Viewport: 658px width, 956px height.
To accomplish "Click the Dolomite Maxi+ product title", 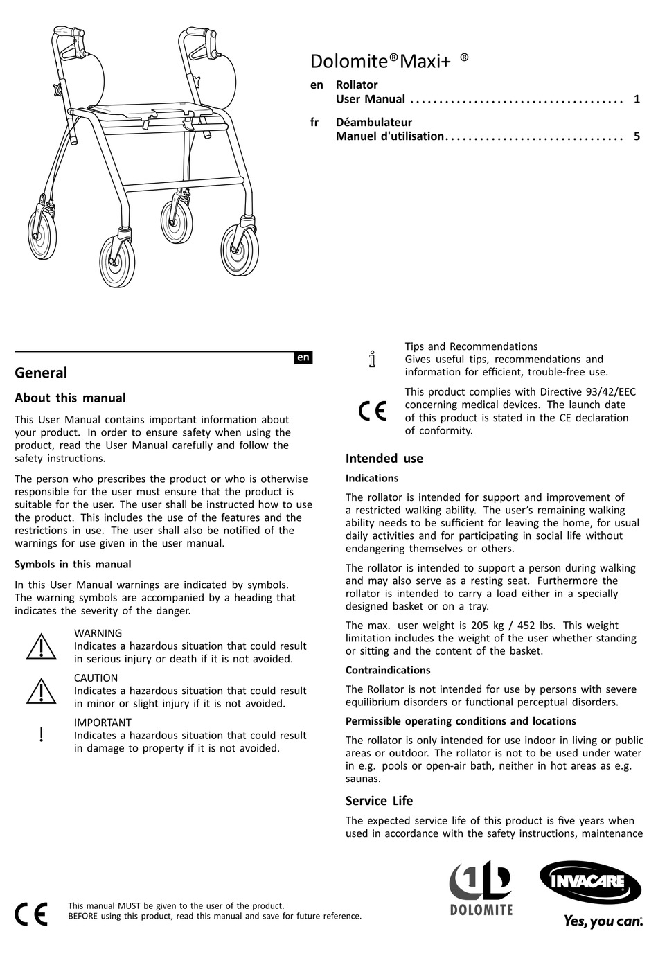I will (x=389, y=61).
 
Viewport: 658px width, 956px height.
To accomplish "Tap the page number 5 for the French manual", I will (x=637, y=136).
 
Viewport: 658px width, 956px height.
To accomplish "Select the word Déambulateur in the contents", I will (x=373, y=123).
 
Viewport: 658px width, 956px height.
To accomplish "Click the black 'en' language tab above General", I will (x=303, y=357).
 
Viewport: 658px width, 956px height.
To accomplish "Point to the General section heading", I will (x=41, y=373).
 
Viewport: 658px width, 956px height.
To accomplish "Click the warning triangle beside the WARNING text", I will (x=42, y=646).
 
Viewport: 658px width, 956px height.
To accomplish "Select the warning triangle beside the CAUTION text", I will (x=42, y=691).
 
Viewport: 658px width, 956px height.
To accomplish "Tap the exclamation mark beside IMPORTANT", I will (x=42, y=735).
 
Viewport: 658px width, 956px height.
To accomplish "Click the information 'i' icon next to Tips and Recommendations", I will (x=372, y=359).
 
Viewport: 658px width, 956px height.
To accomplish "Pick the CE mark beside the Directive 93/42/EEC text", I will (x=373, y=411).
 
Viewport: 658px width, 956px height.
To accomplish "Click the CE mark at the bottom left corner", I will (x=32, y=914).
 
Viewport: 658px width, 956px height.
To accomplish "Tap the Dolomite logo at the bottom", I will (x=481, y=888).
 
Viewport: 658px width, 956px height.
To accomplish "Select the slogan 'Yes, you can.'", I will (x=602, y=921).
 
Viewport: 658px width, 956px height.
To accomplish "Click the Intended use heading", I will (x=384, y=459).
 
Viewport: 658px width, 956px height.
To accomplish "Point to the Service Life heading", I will (x=379, y=801).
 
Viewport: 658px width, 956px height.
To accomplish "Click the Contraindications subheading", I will (x=388, y=670).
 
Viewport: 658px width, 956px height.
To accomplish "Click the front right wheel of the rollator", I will (x=240, y=247).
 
